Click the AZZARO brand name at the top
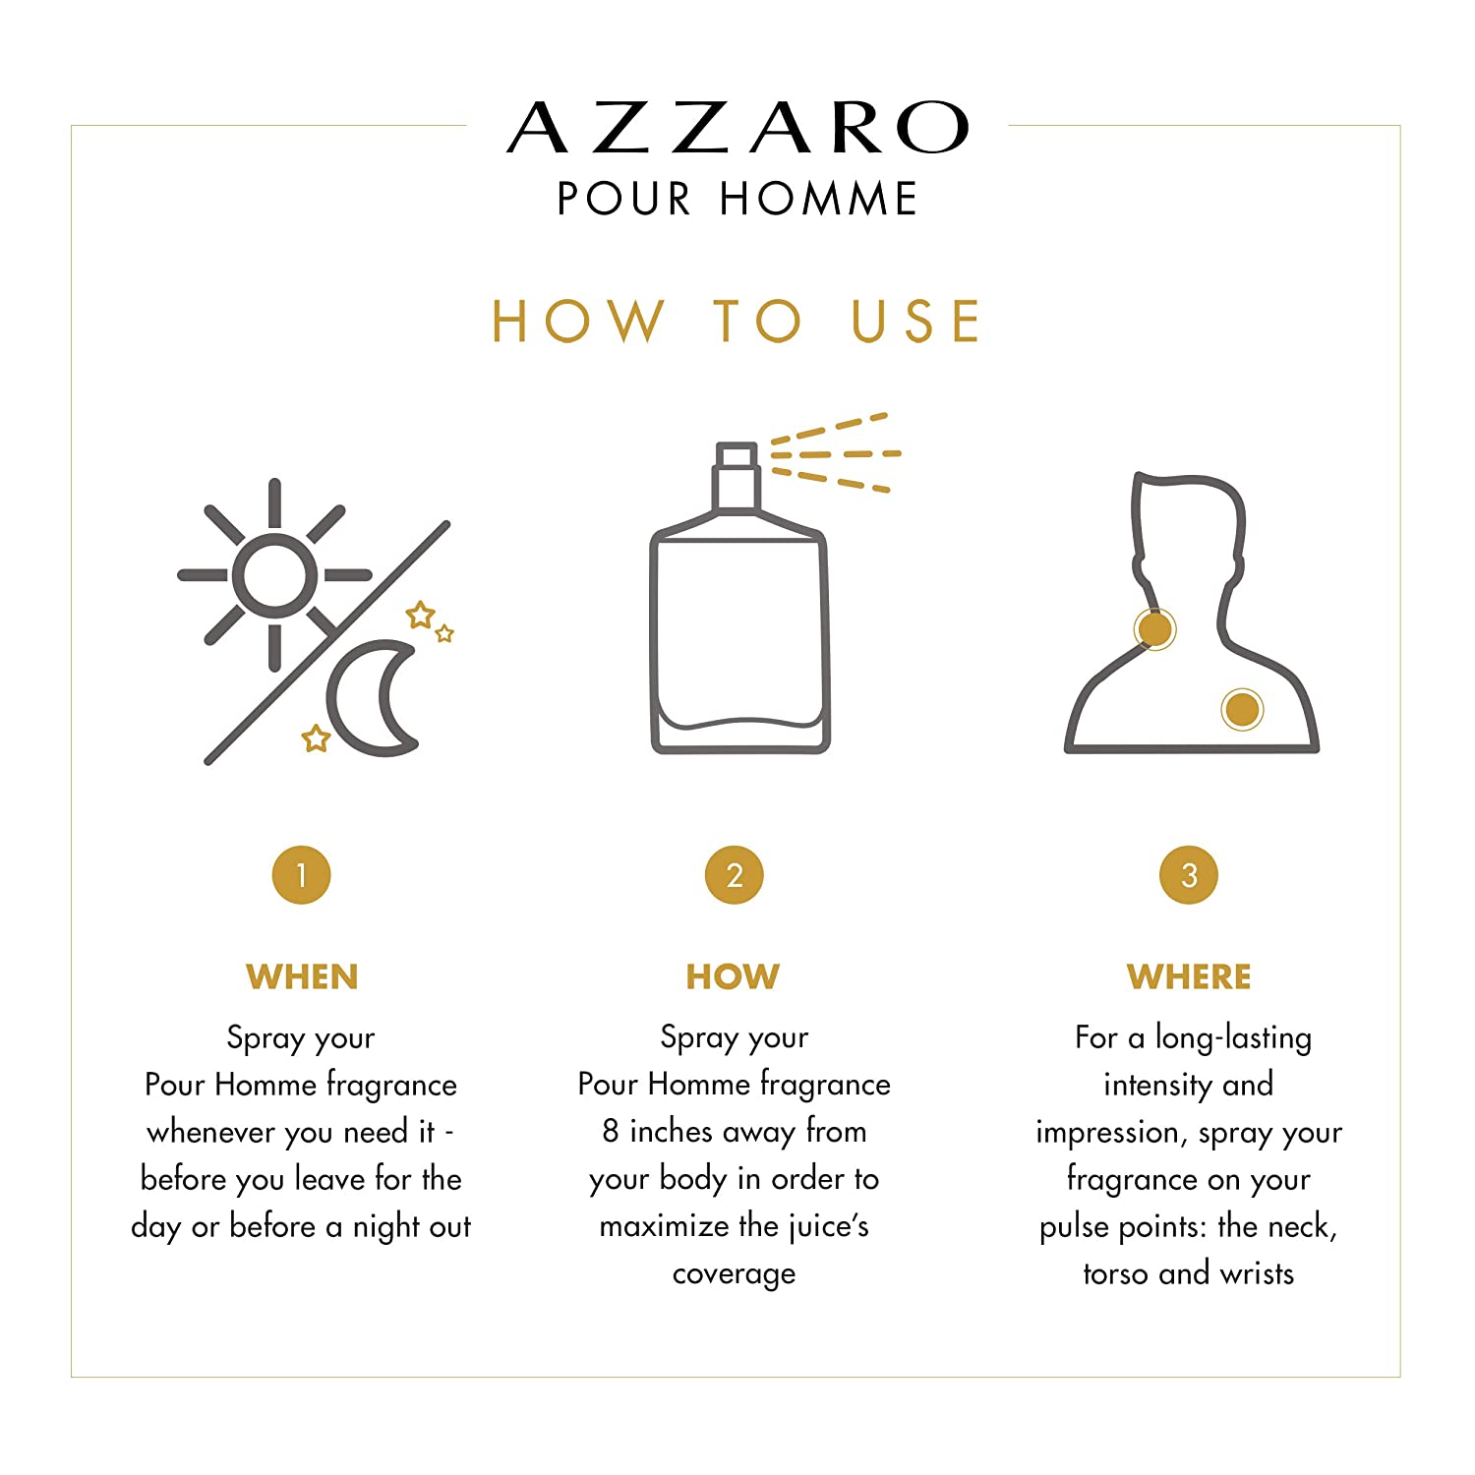tap(737, 128)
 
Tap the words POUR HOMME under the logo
tap(737, 199)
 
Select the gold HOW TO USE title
tap(737, 321)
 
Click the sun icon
tap(275, 575)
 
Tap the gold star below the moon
tap(316, 737)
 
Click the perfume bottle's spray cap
tap(737, 478)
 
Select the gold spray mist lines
tap(835, 453)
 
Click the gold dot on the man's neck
tap(1155, 628)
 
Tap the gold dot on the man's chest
tap(1242, 708)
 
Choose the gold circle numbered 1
tap(301, 875)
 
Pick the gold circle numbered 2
tap(735, 875)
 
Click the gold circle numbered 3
tap(1189, 875)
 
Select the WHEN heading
tap(302, 976)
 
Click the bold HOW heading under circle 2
tap(734, 976)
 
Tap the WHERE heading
tap(1189, 976)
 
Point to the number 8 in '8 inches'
tap(611, 1131)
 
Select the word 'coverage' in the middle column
tap(735, 1275)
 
